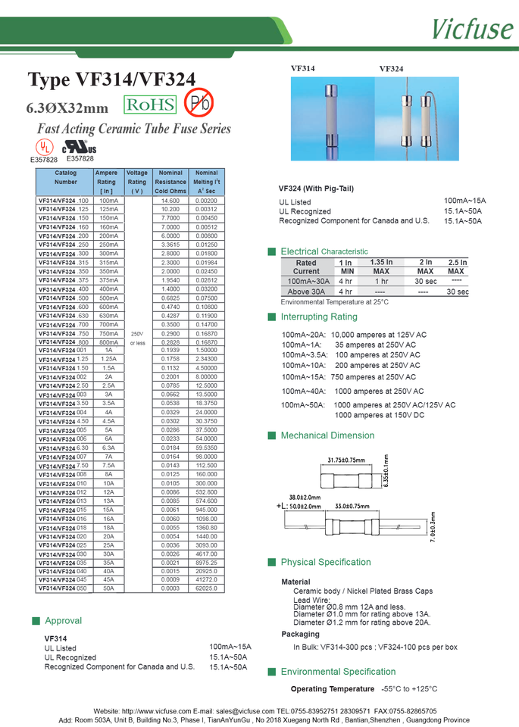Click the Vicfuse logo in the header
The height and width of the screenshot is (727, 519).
click(472, 28)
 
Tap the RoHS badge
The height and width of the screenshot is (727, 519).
click(150, 105)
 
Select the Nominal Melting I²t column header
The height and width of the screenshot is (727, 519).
click(206, 182)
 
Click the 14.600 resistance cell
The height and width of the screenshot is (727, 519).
click(170, 200)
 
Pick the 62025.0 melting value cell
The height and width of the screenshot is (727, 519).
click(206, 588)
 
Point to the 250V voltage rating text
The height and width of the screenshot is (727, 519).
click(136, 333)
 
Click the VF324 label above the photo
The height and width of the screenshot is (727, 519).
click(391, 68)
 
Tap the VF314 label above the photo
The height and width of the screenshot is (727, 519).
click(303, 68)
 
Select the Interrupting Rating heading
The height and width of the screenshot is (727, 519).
click(318, 317)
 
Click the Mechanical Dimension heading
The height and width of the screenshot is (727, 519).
click(327, 435)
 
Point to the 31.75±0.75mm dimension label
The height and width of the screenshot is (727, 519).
click(348, 460)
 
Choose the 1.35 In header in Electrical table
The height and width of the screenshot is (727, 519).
click(381, 262)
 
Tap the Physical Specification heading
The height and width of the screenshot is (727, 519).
click(325, 562)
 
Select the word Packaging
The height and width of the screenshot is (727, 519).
click(300, 634)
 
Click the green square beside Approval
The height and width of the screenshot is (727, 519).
click(36, 621)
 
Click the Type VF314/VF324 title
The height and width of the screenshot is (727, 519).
click(111, 80)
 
